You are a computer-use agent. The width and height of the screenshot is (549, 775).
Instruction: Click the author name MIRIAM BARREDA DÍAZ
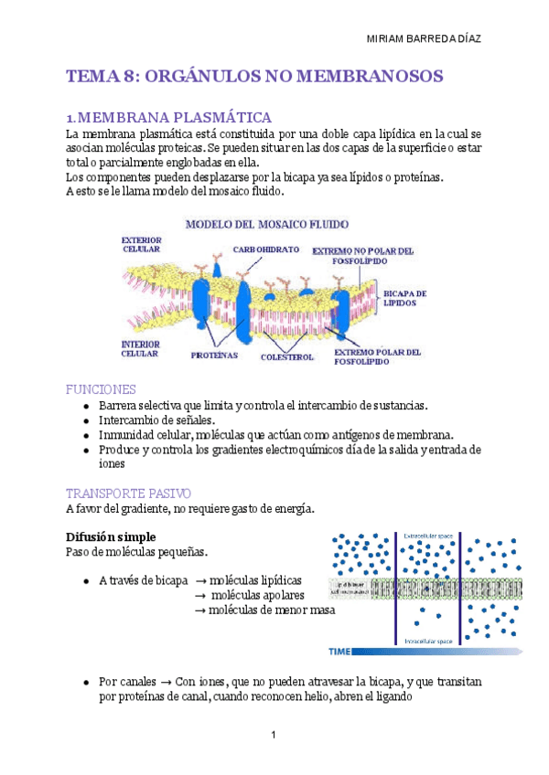tap(424, 39)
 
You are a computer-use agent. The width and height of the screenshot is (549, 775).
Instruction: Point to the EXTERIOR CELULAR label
tap(141, 244)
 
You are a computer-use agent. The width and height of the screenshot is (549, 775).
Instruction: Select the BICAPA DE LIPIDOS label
tap(404, 299)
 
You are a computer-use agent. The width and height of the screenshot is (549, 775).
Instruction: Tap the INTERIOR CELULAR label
tap(140, 348)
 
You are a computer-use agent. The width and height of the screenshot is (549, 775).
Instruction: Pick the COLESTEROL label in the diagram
tap(287, 357)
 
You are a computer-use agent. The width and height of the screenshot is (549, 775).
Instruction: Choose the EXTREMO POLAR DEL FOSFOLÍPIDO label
tap(377, 356)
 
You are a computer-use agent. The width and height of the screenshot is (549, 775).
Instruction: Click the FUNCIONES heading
tap(102, 388)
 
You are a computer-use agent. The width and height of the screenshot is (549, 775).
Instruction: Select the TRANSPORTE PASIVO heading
tap(128, 493)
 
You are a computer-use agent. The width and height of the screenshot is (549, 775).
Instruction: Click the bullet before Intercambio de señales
tap(85, 420)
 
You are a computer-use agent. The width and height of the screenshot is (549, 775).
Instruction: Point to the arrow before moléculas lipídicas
tap(201, 580)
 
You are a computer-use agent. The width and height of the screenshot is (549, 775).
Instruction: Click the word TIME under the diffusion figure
tap(339, 652)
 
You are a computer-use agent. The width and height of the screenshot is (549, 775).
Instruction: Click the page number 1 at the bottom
tap(274, 736)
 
